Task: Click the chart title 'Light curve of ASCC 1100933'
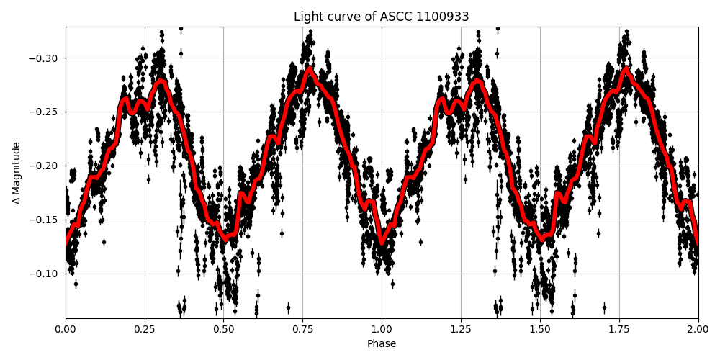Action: coord(381,17)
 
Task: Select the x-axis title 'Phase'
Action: coord(381,344)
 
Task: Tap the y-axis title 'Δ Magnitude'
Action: coord(17,173)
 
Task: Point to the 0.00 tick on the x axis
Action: coord(66,329)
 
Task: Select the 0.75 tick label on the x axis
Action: coord(302,329)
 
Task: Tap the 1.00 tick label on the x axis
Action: coord(382,329)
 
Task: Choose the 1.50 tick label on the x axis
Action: coord(540,329)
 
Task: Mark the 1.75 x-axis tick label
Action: coord(619,329)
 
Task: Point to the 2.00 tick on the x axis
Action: coord(698,329)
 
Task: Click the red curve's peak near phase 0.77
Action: coord(310,70)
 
